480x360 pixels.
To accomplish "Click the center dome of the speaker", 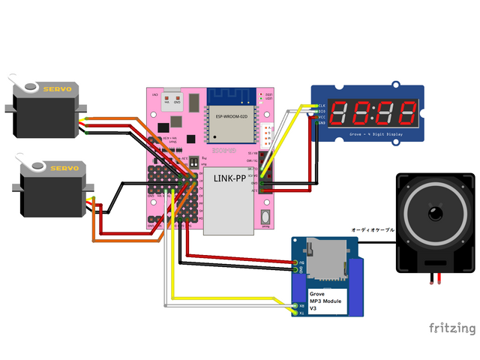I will pos(436,215).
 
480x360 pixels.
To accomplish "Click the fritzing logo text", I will pos(451,328).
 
